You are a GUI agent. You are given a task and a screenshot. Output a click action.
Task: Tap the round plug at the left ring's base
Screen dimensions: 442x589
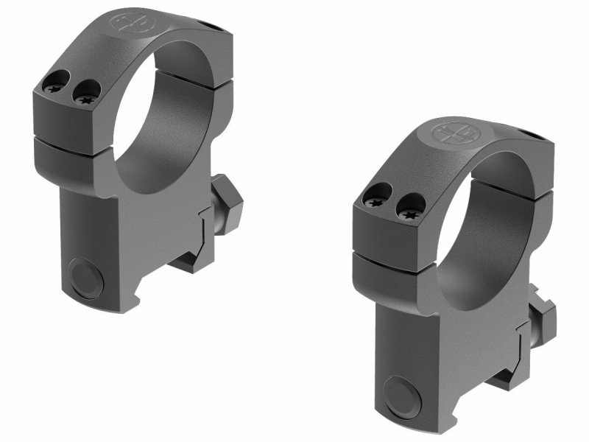87,276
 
